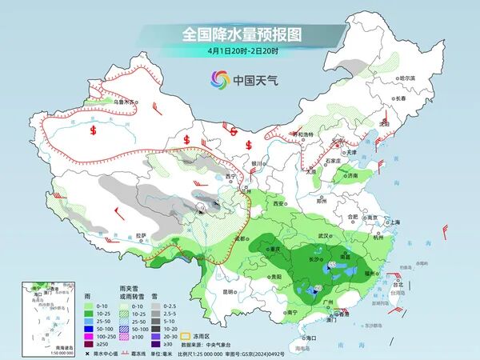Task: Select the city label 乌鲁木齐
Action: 126,102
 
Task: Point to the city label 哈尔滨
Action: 408,78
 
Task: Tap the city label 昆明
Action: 229,291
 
